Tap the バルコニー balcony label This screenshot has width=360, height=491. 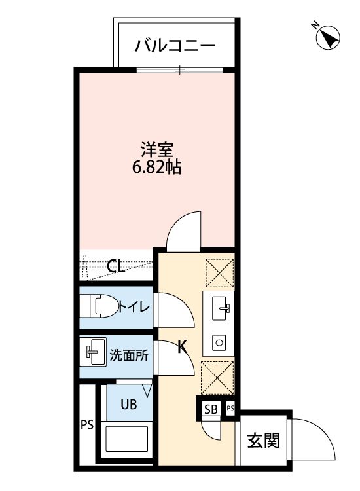coord(175,46)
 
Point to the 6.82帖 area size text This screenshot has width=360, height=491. coord(157,167)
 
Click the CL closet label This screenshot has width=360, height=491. coord(116,266)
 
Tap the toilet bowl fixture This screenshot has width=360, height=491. coord(98,306)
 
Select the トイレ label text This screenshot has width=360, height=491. coord(135,306)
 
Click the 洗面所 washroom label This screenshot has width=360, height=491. coord(128,356)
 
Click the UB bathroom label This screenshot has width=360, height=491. coord(128,404)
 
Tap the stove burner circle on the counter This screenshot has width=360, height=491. coord(219,341)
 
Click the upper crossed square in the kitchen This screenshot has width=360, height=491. coord(219,272)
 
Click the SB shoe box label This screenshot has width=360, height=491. coord(210,410)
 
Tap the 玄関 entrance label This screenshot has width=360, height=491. coord(264,441)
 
